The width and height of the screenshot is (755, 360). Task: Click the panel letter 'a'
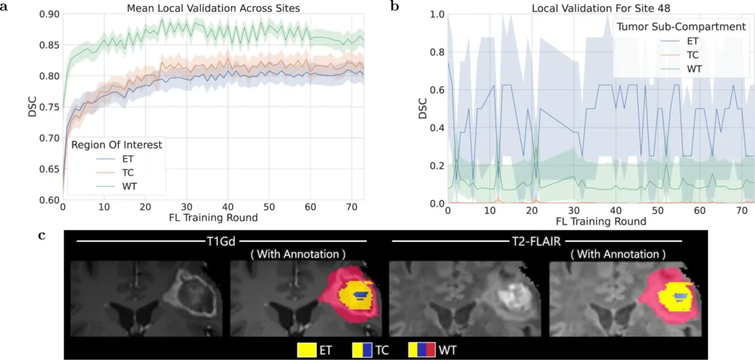tap(5, 7)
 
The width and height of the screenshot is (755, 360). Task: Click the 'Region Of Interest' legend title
tap(116, 145)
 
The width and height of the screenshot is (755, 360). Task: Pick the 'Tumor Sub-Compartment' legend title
tap(681, 27)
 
